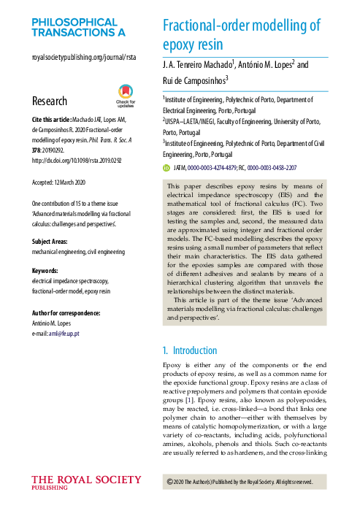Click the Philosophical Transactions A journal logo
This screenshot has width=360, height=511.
pos(79,28)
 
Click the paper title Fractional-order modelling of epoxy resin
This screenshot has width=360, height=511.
pos(241,36)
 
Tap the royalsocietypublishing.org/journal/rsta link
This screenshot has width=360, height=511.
pos(84,57)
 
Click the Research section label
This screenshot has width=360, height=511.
pos(50,101)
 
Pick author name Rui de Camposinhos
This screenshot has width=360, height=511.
pos(194,80)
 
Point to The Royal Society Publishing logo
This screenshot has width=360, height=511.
pos(86,484)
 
